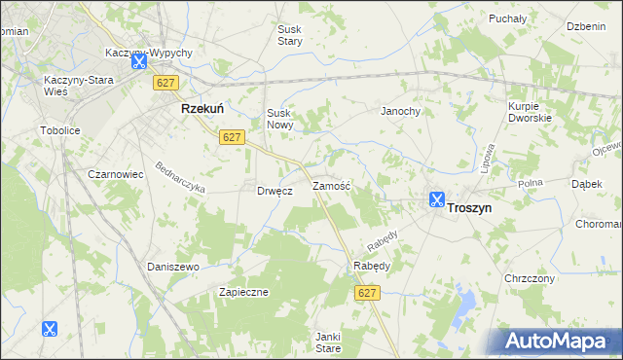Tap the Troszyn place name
pos(469,207)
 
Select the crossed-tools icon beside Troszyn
pos(437,201)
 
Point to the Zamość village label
pos(331,185)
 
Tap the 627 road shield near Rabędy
pos(367,293)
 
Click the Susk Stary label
pos(290,36)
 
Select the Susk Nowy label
pos(279,119)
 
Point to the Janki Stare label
pos(328,342)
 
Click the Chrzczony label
pos(530,278)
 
